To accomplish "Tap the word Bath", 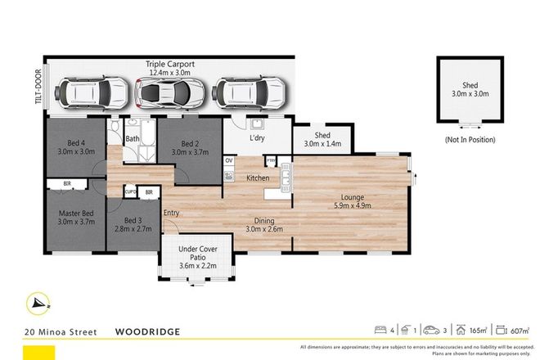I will pos(132,140).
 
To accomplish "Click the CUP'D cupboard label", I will pos(129,192).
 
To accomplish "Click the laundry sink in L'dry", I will pos(256,125).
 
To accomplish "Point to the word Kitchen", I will pos(259,178).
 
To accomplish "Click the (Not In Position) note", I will pos(470,139).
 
